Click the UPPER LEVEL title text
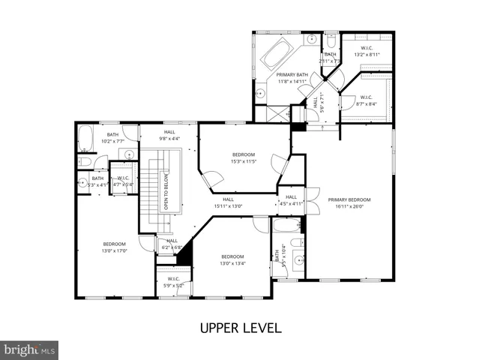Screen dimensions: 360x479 click(239, 328)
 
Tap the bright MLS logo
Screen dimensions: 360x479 click(29, 349)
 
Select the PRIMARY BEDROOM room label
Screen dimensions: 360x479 click(349, 203)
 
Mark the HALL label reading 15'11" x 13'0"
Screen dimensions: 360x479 click(228, 202)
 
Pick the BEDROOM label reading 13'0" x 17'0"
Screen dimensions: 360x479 click(114, 247)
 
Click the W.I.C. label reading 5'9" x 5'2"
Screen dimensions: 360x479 click(173, 282)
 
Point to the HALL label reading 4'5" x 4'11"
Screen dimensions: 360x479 click(291, 199)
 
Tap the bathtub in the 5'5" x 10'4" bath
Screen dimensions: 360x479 click(286, 226)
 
